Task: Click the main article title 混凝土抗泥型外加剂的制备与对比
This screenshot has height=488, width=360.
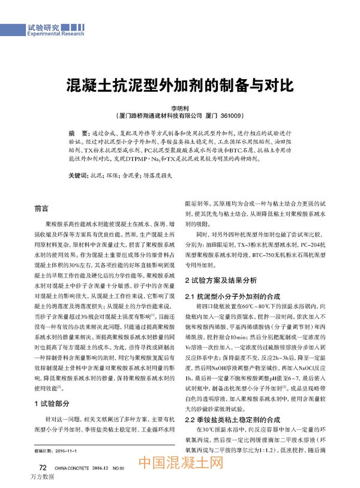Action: pos(179,85)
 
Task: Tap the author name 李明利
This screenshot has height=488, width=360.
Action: pos(179,107)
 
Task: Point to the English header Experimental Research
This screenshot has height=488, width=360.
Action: pos(55,34)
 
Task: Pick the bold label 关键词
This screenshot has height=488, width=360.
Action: pos(78,176)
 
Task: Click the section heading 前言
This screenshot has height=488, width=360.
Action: pos(42,209)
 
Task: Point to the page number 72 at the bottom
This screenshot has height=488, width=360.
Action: pos(43,467)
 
